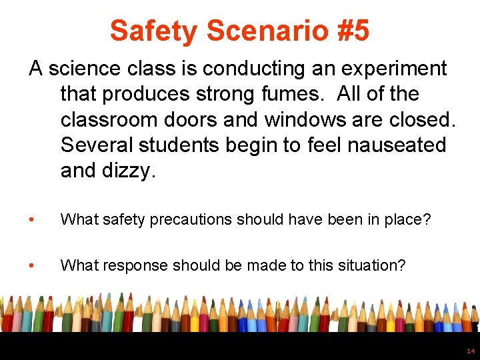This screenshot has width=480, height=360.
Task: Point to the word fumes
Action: [x=295, y=94]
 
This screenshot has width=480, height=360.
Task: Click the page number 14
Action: [x=471, y=351]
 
